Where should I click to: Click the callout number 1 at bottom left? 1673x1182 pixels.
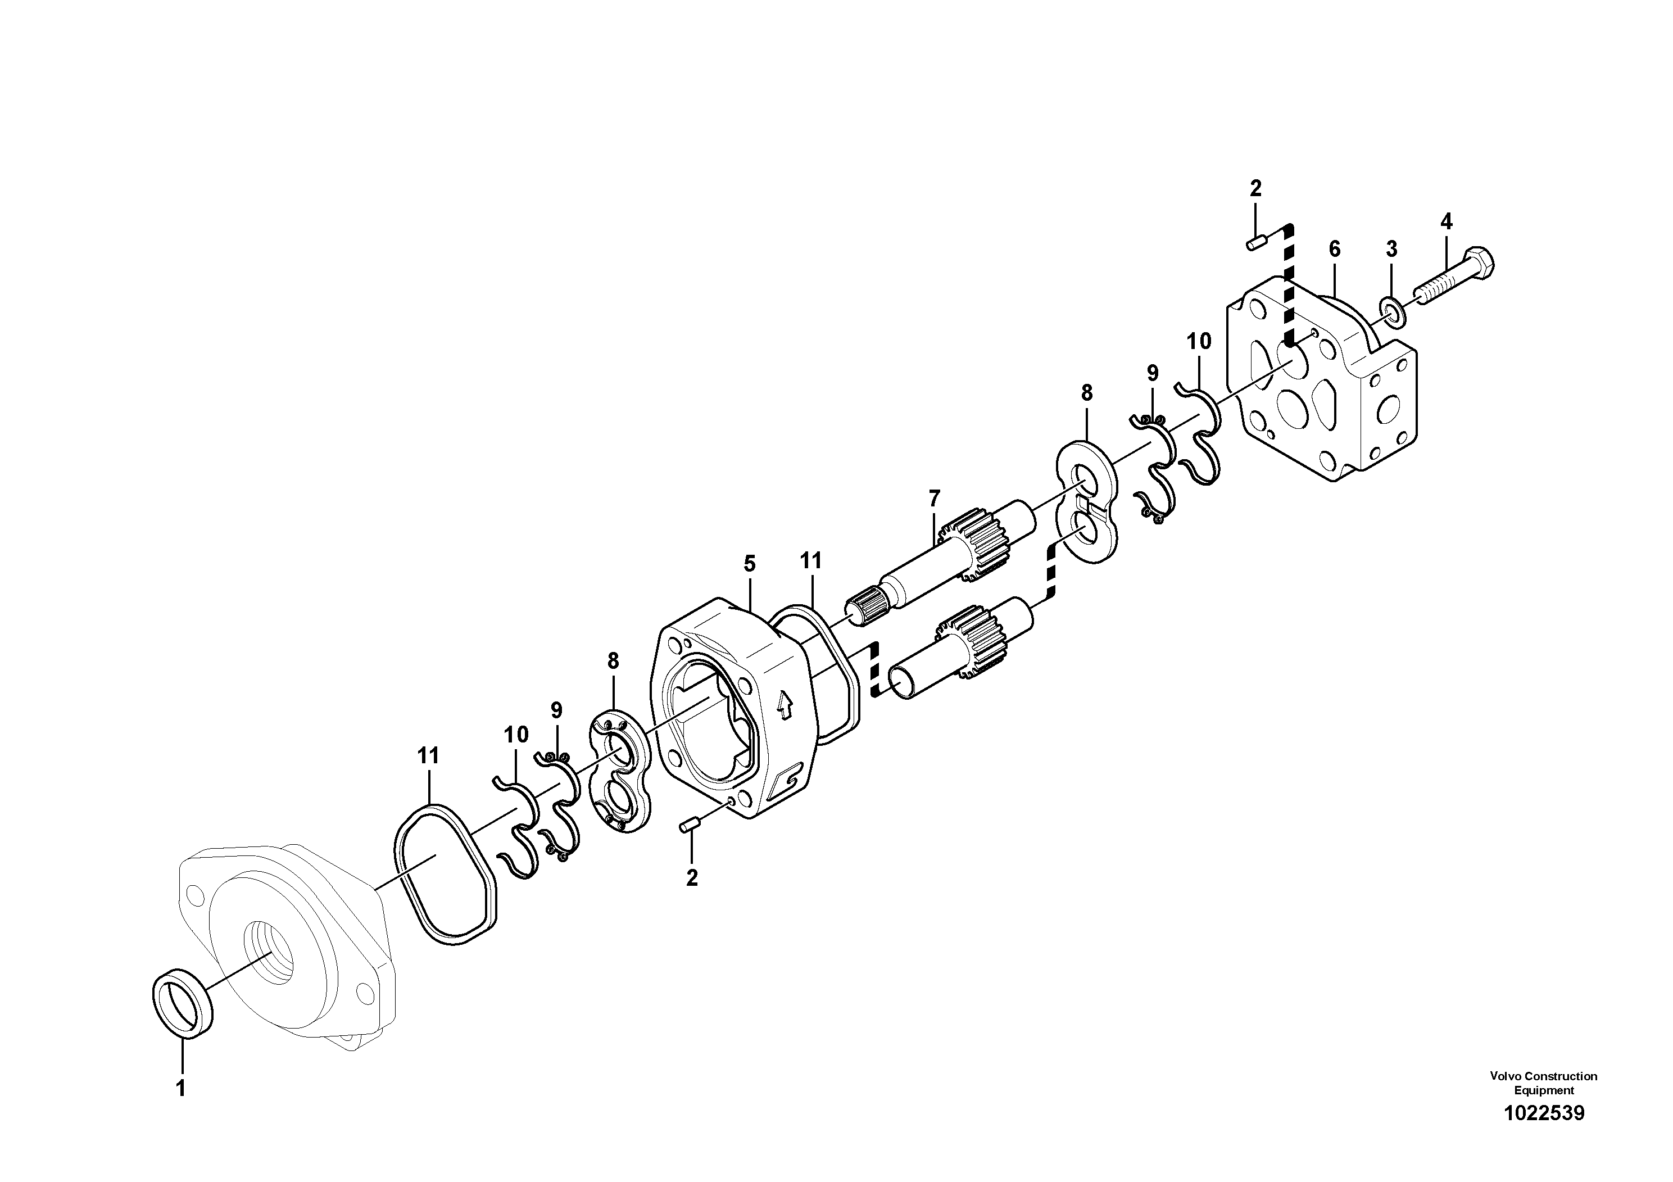[x=181, y=1089]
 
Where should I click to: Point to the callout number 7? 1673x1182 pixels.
[x=934, y=499]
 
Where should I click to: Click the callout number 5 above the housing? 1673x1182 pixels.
[x=750, y=563]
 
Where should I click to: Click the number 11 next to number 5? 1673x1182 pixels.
[x=810, y=560]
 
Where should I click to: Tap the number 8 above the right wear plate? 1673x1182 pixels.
[x=1086, y=393]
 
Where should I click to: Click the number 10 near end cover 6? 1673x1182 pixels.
[x=1199, y=341]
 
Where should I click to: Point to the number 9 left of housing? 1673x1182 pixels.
[x=557, y=710]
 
